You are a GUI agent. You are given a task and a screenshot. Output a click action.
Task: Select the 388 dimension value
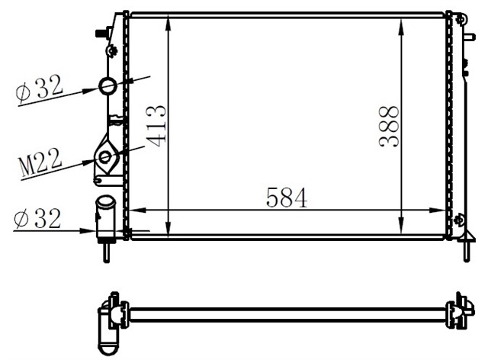[x=389, y=126]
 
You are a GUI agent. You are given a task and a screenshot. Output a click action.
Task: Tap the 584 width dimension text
[x=287, y=198]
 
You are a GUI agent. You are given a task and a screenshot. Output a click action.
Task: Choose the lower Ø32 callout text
[x=37, y=220]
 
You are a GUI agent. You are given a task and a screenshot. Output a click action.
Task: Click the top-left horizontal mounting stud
[x=101, y=33]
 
